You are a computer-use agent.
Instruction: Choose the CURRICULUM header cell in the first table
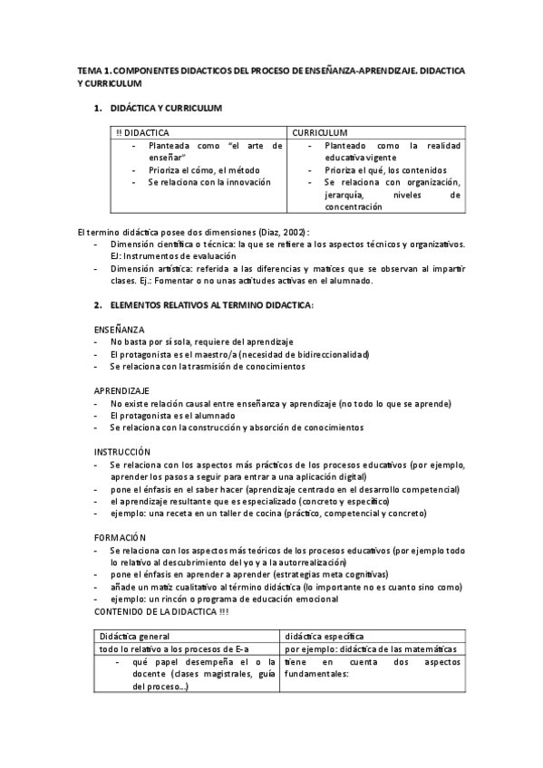[320, 132]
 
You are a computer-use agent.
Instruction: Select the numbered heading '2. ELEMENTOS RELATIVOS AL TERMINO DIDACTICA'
[211, 305]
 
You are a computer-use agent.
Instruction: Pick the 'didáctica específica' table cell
[325, 637]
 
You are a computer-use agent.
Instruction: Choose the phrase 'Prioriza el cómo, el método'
[203, 169]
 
